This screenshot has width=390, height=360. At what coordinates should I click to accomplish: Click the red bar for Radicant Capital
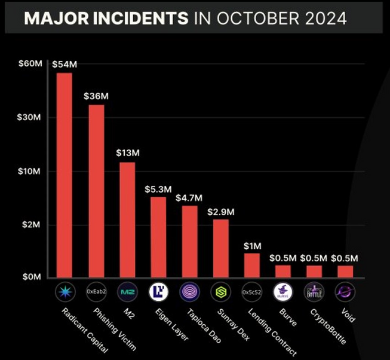pos(64,175)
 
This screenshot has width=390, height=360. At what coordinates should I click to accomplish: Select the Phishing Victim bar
pos(96,191)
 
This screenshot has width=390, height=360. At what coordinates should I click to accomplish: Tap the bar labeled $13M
pos(127,219)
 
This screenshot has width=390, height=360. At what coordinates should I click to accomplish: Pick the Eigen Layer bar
pos(158,237)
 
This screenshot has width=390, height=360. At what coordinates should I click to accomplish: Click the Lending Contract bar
pos(252,265)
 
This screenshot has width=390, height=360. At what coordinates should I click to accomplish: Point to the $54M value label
pos(63,64)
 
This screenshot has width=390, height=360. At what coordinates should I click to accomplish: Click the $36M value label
pos(96,96)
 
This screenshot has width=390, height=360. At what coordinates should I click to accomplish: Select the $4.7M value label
pos(189,197)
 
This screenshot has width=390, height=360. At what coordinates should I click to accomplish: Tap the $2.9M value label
pos(220,212)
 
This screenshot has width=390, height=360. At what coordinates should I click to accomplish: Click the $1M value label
pos(251,246)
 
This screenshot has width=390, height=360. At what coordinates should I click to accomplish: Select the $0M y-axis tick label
pos(30,277)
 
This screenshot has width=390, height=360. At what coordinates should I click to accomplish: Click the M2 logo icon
pos(127,292)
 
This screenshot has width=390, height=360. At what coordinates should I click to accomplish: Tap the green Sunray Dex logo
pos(220,292)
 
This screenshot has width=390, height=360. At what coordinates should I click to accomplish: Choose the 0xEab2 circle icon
pos(96,292)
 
